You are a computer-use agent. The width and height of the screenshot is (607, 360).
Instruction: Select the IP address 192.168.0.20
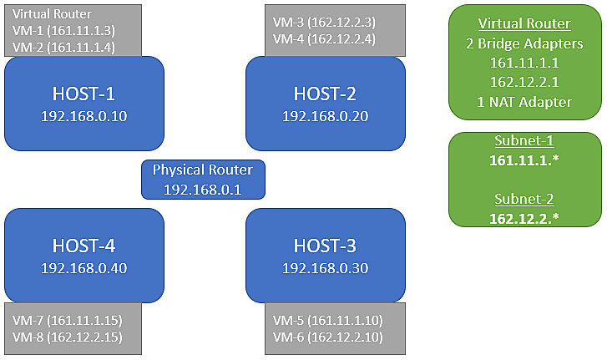[325, 115]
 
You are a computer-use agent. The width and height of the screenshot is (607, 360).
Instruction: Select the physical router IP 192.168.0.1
[202, 190]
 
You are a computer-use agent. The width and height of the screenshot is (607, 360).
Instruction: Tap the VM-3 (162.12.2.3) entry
[324, 22]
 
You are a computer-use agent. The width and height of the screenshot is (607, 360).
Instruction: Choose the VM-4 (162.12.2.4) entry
[324, 38]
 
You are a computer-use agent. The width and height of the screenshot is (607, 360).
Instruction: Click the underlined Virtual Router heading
[524, 23]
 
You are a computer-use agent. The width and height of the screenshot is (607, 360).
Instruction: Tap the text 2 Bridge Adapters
[524, 43]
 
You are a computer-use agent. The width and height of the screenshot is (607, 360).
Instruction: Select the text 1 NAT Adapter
[524, 103]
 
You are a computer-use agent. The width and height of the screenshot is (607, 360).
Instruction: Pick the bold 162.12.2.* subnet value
[524, 219]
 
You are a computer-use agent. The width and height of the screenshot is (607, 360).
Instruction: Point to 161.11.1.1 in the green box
[524, 63]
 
